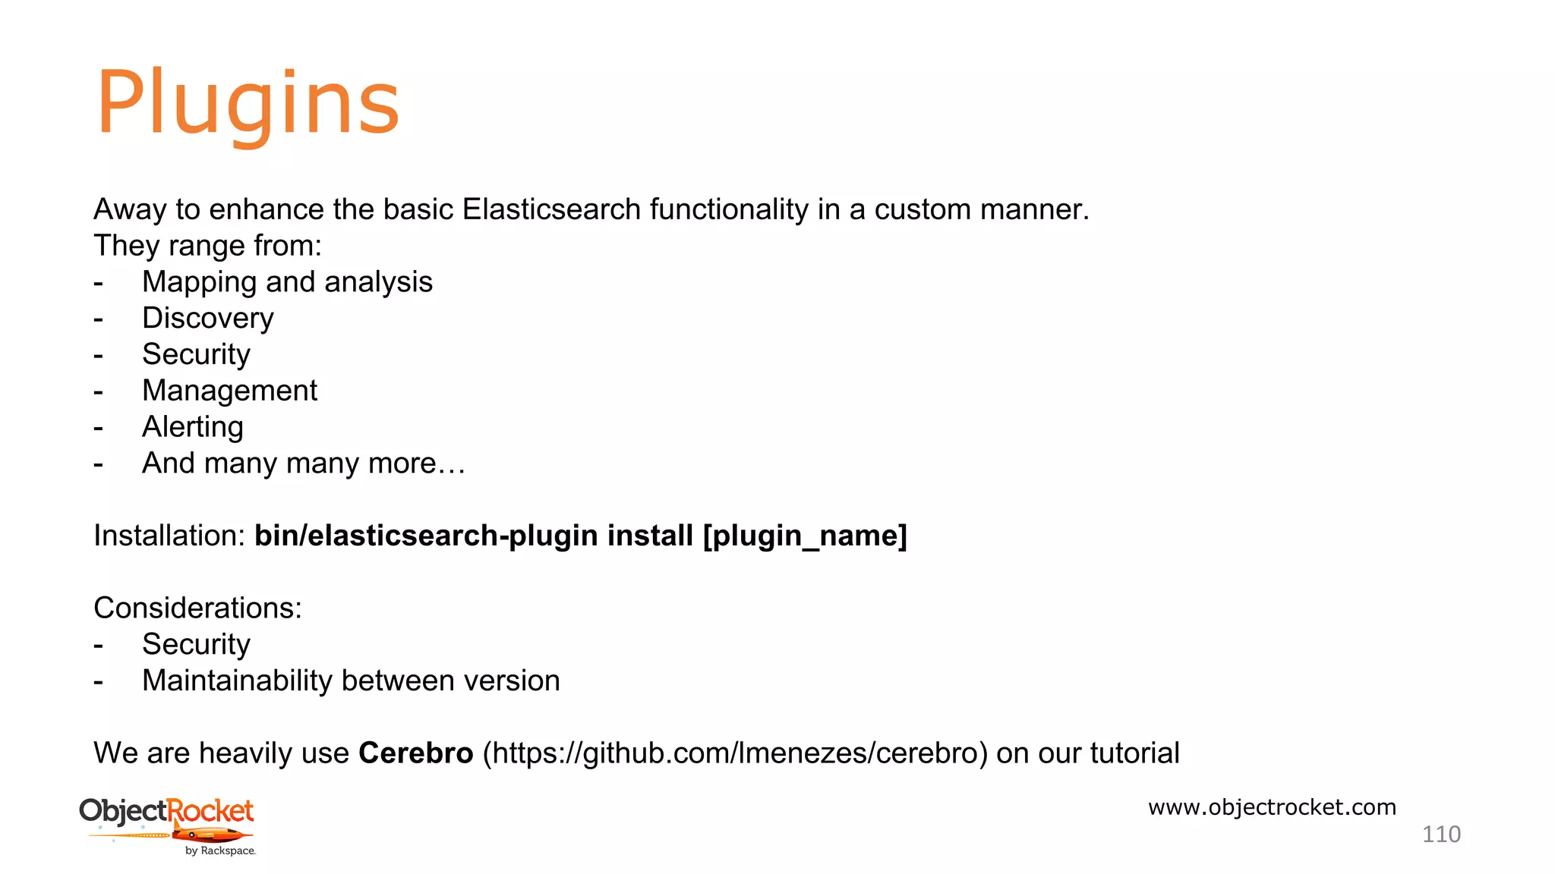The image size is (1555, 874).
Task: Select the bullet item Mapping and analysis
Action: [287, 282]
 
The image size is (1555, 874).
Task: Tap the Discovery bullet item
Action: [207, 319]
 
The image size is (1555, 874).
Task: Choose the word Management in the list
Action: [229, 391]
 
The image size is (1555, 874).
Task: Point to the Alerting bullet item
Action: [193, 427]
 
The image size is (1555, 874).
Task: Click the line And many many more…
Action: [303, 464]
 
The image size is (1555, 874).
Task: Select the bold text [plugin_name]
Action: [805, 536]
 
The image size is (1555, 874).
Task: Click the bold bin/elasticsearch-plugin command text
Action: [425, 536]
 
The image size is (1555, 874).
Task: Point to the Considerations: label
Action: [197, 608]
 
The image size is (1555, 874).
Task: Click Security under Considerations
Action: [196, 645]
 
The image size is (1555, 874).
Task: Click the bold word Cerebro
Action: [415, 753]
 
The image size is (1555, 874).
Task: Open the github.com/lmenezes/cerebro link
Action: [735, 753]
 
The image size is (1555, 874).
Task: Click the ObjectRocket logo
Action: [167, 819]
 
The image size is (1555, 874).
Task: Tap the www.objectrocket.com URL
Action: [1272, 807]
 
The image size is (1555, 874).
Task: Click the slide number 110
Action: [1440, 835]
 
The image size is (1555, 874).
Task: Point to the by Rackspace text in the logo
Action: [220, 851]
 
